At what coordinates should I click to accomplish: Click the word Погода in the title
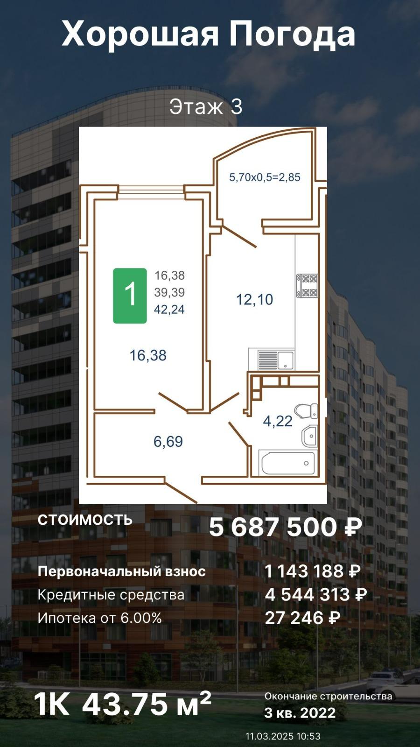(292, 35)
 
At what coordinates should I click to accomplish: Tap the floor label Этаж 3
(206, 107)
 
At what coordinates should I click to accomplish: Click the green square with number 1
(130, 296)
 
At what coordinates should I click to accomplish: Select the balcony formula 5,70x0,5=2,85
(265, 177)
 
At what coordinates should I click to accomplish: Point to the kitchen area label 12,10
(255, 299)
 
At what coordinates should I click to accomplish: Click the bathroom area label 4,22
(278, 421)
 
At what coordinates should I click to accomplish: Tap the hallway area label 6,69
(168, 442)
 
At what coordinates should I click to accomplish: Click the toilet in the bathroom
(306, 411)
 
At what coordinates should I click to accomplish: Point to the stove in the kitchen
(308, 285)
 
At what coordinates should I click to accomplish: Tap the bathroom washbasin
(310, 436)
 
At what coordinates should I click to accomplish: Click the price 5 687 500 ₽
(285, 527)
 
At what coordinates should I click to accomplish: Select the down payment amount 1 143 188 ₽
(313, 571)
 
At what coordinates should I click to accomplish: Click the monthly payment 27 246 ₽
(303, 618)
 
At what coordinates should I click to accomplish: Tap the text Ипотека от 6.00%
(100, 618)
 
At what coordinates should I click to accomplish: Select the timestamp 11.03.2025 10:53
(283, 736)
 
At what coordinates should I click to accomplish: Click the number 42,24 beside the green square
(169, 310)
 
